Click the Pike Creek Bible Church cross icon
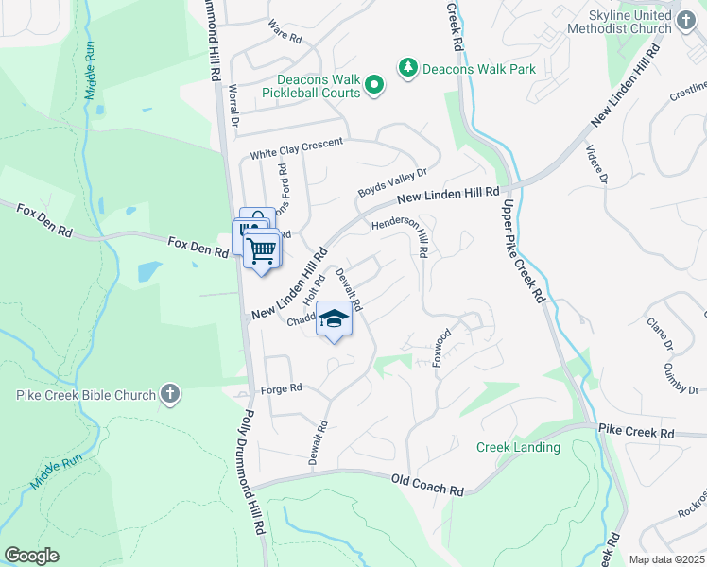[x=170, y=393]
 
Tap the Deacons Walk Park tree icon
[x=407, y=68]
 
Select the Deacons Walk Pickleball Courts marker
[x=374, y=86]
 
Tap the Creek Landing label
[x=518, y=447]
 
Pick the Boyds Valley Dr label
[x=392, y=183]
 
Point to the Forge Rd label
[x=282, y=388]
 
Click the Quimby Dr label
[x=681, y=378]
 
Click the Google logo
[x=31, y=556]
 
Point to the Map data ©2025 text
[x=667, y=559]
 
